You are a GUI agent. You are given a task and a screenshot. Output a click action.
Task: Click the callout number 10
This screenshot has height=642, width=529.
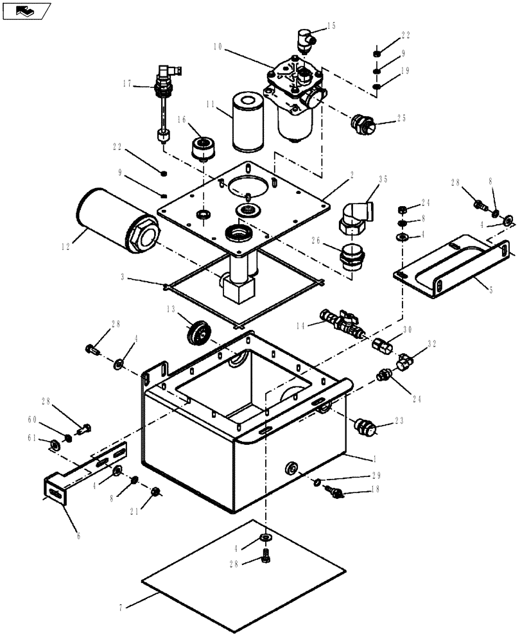click(x=218, y=47)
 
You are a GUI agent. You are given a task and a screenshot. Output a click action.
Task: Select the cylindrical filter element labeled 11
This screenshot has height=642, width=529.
click(x=244, y=123)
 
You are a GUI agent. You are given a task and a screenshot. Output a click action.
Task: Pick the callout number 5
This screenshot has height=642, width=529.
click(x=490, y=290)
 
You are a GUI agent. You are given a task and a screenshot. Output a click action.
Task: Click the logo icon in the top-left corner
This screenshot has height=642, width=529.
click(x=25, y=11)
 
